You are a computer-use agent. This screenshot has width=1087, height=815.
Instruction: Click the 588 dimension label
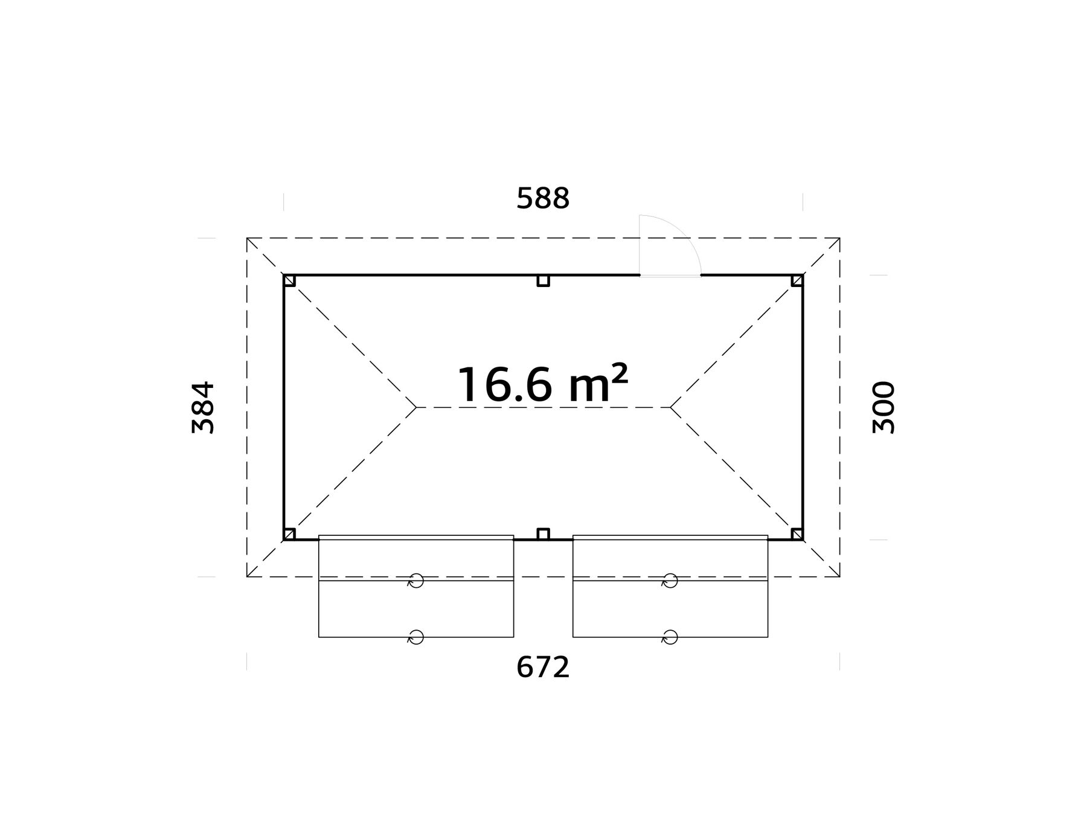click(x=543, y=199)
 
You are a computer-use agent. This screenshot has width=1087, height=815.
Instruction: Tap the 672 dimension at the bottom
click(x=543, y=668)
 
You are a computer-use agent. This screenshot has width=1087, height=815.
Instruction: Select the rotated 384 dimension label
click(x=203, y=407)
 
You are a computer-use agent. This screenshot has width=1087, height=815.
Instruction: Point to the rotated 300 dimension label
click(x=884, y=407)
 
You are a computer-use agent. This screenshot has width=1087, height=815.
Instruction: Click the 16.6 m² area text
click(x=542, y=385)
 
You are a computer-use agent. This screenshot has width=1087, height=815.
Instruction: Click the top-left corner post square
click(x=290, y=281)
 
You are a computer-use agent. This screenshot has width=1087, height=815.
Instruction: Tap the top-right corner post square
click(x=797, y=281)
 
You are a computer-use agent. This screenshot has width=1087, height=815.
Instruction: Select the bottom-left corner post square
click(x=290, y=534)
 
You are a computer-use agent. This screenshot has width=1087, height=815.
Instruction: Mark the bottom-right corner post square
click(x=797, y=534)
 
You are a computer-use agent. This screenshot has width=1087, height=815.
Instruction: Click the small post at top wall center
click(x=543, y=281)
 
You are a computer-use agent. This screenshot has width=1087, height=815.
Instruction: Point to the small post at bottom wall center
click(x=543, y=534)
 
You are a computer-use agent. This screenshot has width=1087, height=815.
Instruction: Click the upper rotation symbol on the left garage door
click(x=415, y=581)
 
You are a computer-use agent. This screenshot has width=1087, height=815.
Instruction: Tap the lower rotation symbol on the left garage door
click(x=415, y=637)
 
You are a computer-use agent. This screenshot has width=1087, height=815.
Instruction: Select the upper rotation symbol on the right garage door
click(x=670, y=581)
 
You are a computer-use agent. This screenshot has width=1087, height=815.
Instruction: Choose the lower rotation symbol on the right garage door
click(x=670, y=637)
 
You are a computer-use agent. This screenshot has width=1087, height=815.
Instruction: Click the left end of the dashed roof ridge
click(x=417, y=407)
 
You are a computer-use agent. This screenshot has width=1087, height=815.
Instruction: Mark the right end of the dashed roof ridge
click(x=670, y=407)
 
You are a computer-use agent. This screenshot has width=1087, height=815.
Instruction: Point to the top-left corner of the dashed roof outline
click(x=247, y=238)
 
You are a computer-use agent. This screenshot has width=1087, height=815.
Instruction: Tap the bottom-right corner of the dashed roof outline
click(x=840, y=577)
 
